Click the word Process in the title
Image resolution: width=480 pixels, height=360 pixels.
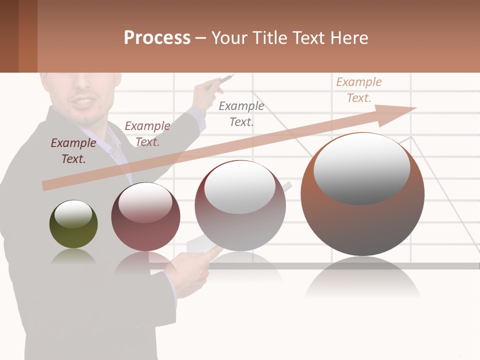157,38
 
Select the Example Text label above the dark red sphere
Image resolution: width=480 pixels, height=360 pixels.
147,134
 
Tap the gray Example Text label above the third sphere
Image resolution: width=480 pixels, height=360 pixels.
241,113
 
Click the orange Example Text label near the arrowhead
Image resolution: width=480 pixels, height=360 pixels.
358,90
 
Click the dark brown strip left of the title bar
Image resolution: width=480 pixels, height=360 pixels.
9,36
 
